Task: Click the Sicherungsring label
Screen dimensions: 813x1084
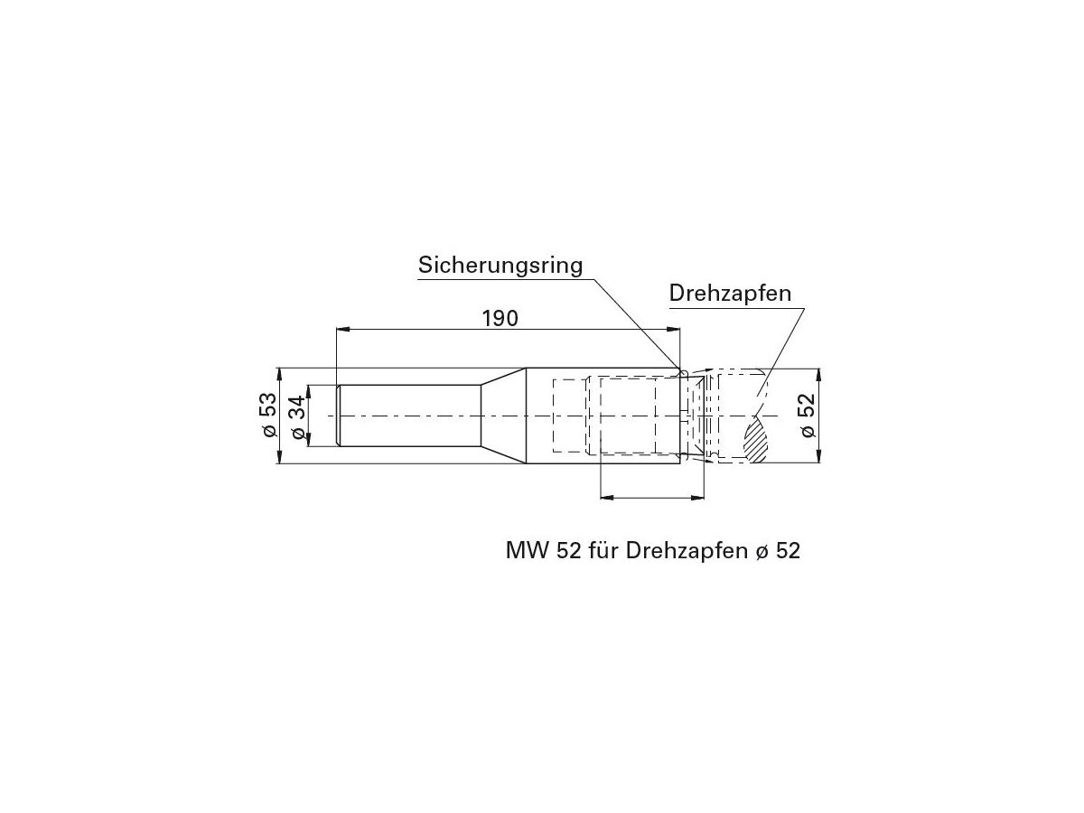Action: (x=500, y=266)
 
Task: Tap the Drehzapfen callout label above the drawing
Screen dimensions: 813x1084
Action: (x=730, y=293)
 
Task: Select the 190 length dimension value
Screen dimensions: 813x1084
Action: (x=499, y=318)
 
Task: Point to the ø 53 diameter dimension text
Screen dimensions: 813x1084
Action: (x=267, y=416)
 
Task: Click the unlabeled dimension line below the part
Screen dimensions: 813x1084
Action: (x=651, y=496)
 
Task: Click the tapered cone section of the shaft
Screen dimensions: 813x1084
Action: (x=502, y=416)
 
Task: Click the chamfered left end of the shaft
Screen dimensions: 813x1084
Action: (x=338, y=416)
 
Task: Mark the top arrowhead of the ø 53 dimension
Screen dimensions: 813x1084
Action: (x=280, y=373)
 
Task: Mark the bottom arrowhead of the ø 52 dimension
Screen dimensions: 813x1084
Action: (x=818, y=457)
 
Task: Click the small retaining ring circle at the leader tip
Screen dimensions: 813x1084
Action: (x=684, y=371)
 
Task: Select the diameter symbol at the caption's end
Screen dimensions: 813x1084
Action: (x=759, y=551)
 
